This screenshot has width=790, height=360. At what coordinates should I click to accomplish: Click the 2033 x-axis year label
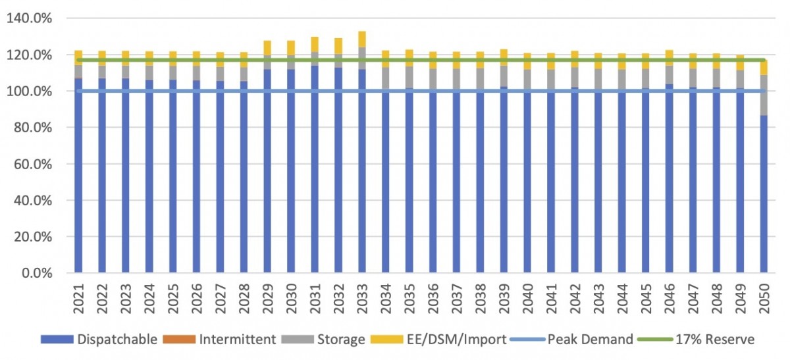pos(362,294)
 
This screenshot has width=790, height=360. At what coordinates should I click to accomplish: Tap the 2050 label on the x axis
pos(764,294)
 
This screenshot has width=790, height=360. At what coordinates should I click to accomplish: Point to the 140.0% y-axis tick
pos(28,18)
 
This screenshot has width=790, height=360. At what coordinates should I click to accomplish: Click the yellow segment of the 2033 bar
pos(362,39)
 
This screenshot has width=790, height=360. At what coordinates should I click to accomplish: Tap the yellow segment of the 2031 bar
pos(315,45)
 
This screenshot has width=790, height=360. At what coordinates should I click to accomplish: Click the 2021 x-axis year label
pos(78,294)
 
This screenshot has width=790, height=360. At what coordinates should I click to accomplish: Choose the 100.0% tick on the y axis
pos(28,91)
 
